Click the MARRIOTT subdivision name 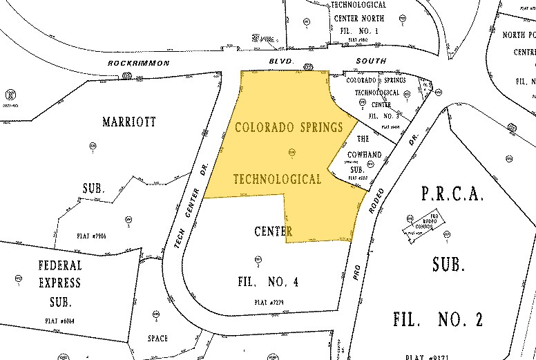coord(129,122)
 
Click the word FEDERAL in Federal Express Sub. coord(59,265)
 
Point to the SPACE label coord(157,339)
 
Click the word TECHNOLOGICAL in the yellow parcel coord(277,180)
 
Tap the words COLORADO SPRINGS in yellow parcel coord(290,128)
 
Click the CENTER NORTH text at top coord(359,17)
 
